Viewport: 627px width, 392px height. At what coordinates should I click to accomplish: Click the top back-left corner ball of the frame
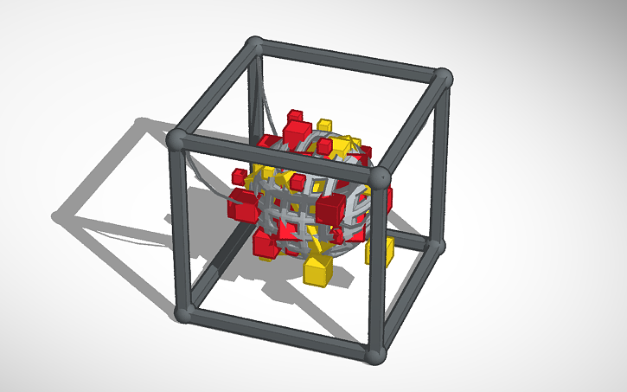[x=253, y=44]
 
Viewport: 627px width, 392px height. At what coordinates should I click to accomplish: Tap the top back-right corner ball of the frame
[x=444, y=78]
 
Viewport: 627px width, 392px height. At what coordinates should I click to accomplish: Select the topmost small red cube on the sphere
[x=295, y=115]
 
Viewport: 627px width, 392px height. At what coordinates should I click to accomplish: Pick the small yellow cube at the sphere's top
[x=324, y=125]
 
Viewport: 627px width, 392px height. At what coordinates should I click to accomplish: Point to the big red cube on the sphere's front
[x=331, y=209]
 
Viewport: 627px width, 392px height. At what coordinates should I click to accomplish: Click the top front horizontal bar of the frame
[x=277, y=158]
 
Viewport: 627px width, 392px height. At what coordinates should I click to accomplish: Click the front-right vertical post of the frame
[x=378, y=268]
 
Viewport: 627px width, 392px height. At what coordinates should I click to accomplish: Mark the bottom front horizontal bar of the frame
[x=279, y=334]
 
